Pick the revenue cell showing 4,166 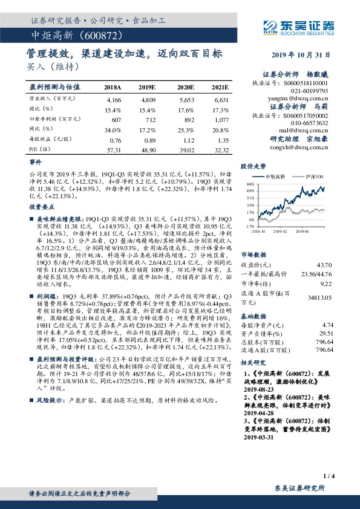(113, 99)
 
